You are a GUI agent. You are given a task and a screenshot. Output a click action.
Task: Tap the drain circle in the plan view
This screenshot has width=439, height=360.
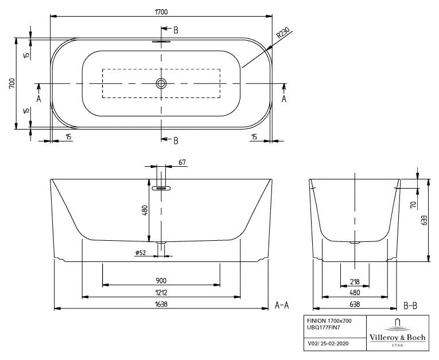pos(161,84)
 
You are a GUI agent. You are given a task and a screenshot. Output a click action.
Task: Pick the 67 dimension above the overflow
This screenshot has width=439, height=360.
pos(182,163)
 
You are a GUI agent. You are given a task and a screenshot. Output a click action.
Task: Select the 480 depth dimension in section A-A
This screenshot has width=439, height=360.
pos(143,211)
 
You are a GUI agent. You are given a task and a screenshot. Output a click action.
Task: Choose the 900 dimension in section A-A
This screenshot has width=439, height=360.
pos(161,280)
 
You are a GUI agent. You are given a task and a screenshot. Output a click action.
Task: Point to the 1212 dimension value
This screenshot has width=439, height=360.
pos(161,292)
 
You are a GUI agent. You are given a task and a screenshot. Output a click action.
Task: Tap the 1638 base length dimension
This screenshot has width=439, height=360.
pos(161,305)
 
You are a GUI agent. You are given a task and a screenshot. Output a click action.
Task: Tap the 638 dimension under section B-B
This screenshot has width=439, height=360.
pos(354,305)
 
